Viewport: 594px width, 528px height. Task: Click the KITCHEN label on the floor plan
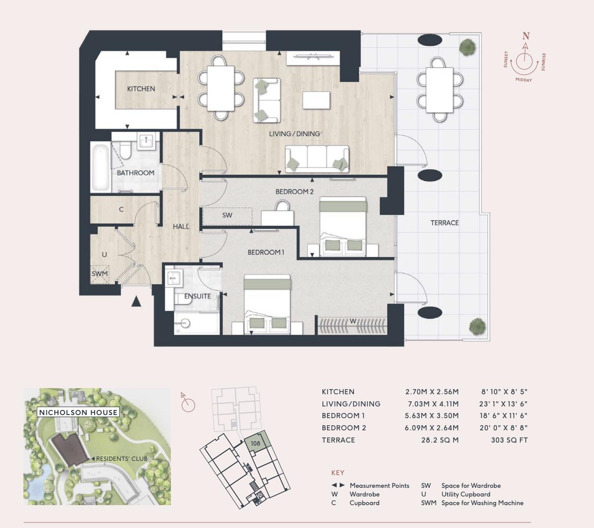point(141,89)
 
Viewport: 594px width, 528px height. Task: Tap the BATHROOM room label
point(135,173)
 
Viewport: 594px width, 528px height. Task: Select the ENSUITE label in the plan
point(197,296)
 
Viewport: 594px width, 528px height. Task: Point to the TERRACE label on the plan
point(444,223)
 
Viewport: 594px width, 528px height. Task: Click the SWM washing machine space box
point(100,274)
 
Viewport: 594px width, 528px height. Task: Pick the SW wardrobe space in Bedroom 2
point(227,216)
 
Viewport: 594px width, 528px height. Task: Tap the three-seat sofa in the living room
point(317,158)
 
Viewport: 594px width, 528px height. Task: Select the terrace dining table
point(440,89)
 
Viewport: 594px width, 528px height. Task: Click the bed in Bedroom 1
point(267,305)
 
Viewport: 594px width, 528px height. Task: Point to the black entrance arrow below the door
point(136,302)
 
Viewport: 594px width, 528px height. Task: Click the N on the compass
point(526,36)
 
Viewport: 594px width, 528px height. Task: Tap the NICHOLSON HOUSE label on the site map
point(78,413)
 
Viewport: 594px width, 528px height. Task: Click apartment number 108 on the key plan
point(255,443)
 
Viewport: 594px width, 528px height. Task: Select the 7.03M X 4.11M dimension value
point(432,404)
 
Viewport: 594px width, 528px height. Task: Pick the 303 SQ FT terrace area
point(509,440)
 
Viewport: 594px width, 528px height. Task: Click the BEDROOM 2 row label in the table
point(344,428)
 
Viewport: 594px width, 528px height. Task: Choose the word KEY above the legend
point(338,473)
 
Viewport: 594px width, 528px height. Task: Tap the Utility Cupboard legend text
point(466,494)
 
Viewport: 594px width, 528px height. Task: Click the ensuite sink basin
point(174,278)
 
